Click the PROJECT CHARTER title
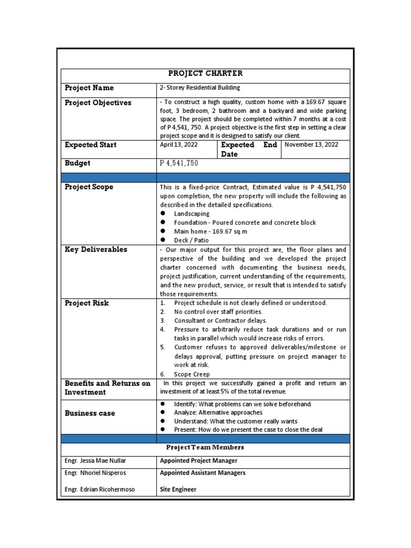tap(205, 74)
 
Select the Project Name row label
tap(89, 88)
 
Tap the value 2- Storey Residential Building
tap(200, 88)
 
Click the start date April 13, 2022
tap(179, 145)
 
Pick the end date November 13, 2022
tap(311, 145)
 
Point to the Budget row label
tap(78, 163)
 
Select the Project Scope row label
tap(89, 187)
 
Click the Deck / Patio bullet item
tap(192, 240)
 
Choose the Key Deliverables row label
tap(96, 249)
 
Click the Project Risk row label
tap(87, 303)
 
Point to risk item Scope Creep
tap(192, 374)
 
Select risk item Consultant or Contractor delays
tap(220, 321)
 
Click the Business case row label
tap(90, 413)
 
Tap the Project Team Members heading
tap(205, 447)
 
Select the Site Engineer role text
tap(178, 489)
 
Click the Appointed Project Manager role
tap(199, 461)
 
